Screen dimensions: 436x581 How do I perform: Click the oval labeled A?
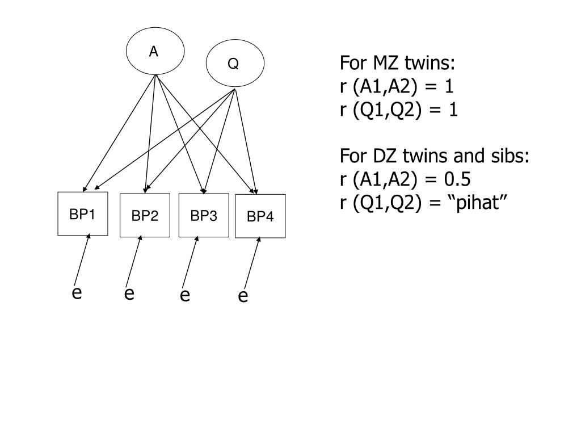(x=155, y=52)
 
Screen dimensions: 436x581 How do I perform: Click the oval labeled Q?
(x=234, y=64)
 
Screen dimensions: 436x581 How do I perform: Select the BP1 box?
(x=82, y=214)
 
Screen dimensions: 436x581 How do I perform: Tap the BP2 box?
(x=145, y=216)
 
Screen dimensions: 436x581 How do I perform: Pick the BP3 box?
(x=203, y=215)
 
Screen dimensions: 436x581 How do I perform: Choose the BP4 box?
(x=260, y=216)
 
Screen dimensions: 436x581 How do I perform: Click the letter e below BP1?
(x=77, y=294)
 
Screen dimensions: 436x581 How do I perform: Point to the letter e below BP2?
(x=129, y=294)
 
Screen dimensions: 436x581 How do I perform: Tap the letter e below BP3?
(x=184, y=296)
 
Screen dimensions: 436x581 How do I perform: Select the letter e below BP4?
(x=243, y=296)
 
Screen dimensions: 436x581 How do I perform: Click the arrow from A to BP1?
(x=119, y=133)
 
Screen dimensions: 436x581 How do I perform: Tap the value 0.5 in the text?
(x=457, y=179)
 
